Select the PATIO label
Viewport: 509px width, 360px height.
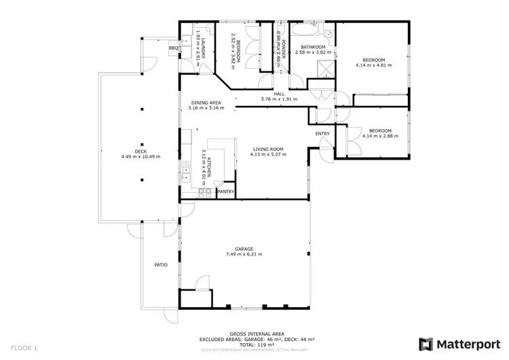pyautogui.click(x=160, y=265)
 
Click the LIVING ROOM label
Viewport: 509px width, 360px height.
pyautogui.click(x=267, y=149)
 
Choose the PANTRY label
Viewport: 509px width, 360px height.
pyautogui.click(x=225, y=192)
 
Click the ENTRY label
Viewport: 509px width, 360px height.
pyautogui.click(x=322, y=134)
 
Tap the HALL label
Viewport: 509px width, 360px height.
pyautogui.click(x=279, y=94)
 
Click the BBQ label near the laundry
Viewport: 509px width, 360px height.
pyautogui.click(x=173, y=48)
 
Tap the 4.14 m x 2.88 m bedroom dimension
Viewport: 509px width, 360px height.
pyautogui.click(x=380, y=136)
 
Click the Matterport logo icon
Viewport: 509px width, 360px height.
pyautogui.click(x=426, y=344)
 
